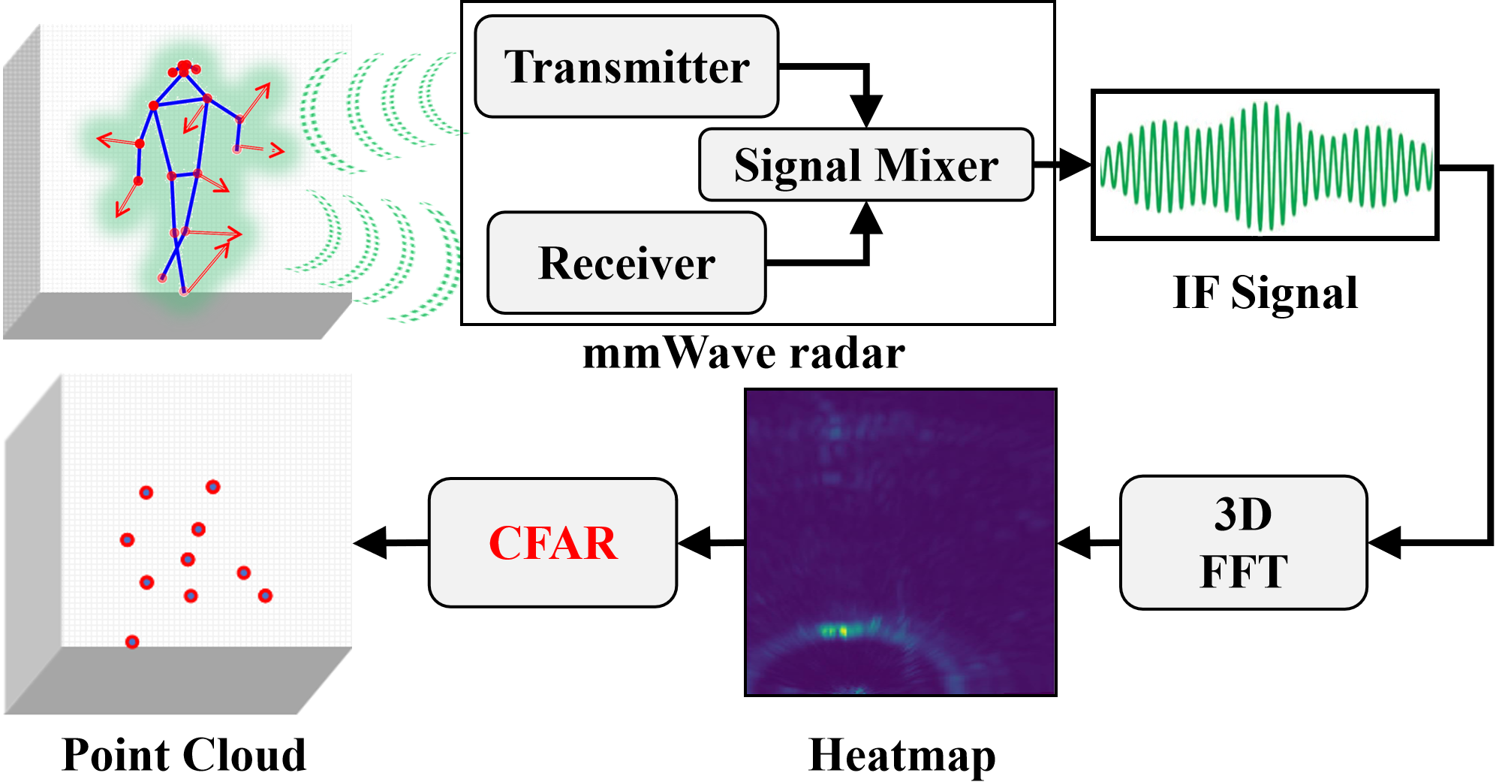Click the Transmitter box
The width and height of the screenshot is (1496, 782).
[627, 67]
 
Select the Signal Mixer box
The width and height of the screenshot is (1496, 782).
[865, 165]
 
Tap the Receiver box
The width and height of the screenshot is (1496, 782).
[627, 263]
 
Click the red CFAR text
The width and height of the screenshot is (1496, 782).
[553, 543]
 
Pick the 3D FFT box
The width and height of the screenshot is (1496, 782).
[1243, 542]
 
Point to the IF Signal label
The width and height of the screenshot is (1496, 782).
[1265, 292]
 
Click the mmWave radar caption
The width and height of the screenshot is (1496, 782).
[743, 353]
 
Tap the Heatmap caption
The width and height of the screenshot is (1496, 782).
[902, 755]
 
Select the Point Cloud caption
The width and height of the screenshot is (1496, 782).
[184, 755]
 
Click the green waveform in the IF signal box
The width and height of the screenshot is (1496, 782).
[1266, 166]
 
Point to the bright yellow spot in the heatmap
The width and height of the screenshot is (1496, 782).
[843, 631]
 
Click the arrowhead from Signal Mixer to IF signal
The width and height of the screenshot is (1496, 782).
[1076, 165]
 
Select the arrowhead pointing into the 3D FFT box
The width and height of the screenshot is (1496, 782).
[1383, 542]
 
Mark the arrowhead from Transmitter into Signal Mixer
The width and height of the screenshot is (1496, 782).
[866, 111]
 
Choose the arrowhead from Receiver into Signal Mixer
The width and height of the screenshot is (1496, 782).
[866, 219]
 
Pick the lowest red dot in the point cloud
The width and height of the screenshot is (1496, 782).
[132, 642]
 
